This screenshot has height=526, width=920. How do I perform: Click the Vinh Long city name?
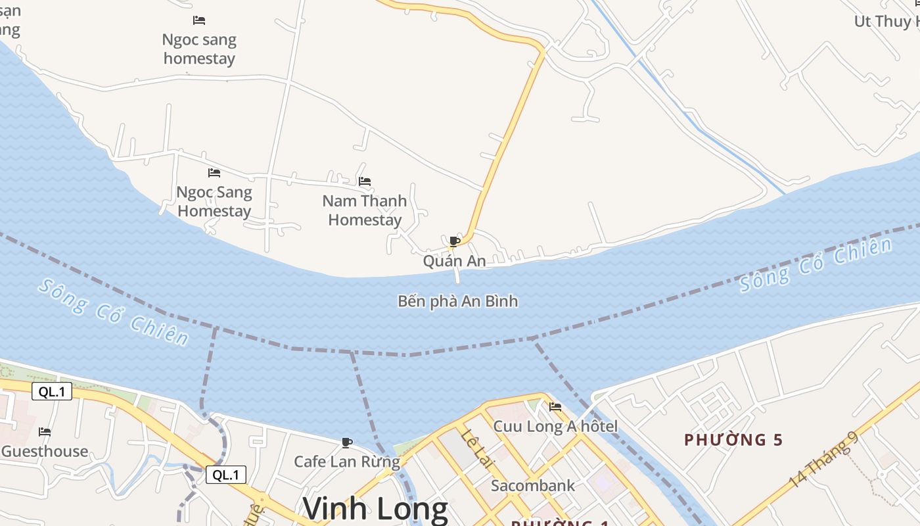click(x=375, y=509)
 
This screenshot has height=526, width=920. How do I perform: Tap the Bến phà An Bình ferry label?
click(x=457, y=301)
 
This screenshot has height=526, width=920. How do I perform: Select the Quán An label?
click(x=454, y=261)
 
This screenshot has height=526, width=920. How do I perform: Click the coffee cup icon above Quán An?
click(x=454, y=241)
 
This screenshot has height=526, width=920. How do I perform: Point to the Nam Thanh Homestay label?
click(x=365, y=210)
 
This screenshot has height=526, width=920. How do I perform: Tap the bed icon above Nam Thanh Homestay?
click(x=365, y=181)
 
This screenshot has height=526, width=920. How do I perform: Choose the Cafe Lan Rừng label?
click(x=346, y=462)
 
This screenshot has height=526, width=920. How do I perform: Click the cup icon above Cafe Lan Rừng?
click(x=346, y=442)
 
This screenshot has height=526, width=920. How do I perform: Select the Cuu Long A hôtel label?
click(x=555, y=427)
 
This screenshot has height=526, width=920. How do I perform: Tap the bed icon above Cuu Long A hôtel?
click(x=555, y=407)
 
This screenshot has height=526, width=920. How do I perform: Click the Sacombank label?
click(x=533, y=486)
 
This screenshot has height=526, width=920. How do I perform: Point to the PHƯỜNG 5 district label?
click(x=733, y=440)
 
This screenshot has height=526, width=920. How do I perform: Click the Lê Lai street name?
click(x=476, y=448)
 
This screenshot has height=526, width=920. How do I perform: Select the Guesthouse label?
click(x=44, y=451)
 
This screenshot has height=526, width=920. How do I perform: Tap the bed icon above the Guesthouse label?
click(x=45, y=432)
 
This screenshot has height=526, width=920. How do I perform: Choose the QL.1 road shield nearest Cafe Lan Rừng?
click(x=226, y=475)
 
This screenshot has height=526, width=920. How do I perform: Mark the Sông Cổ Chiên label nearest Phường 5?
click(x=816, y=264)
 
